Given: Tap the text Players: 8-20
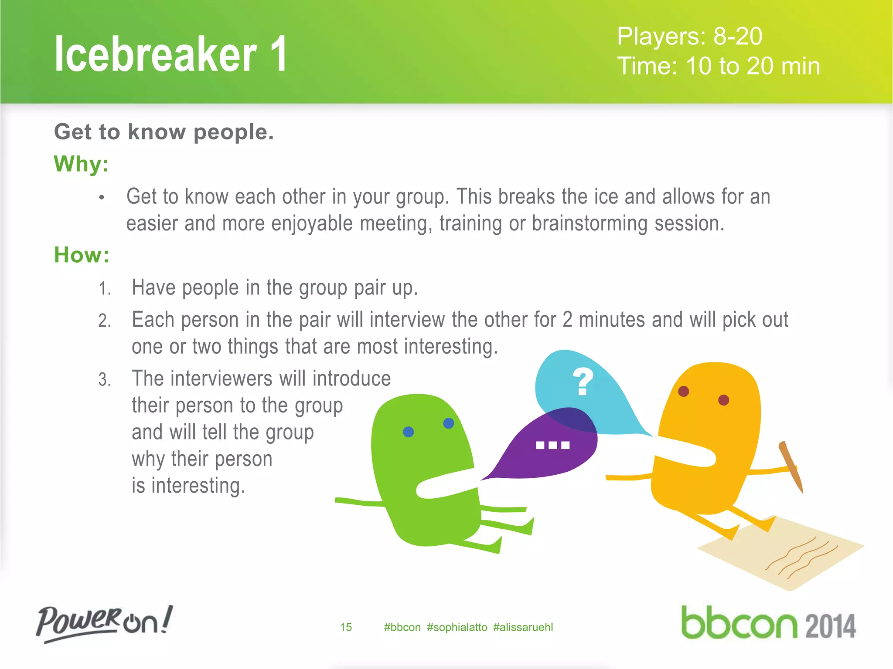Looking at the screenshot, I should click(689, 36).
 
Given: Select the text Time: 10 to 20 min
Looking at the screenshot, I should click(718, 66).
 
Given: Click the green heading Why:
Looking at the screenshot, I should click(81, 164).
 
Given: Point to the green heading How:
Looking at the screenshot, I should click(82, 255).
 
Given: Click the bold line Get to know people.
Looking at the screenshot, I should click(164, 132).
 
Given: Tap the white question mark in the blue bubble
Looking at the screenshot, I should click(583, 382).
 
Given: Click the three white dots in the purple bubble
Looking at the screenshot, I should click(552, 445).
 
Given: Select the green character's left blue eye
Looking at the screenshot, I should click(408, 432).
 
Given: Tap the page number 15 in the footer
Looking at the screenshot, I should click(346, 627).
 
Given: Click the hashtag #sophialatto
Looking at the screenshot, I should click(457, 627).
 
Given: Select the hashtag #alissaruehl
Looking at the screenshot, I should click(523, 627).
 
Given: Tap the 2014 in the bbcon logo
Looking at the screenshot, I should click(830, 626).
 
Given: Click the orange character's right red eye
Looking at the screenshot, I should click(723, 400).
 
